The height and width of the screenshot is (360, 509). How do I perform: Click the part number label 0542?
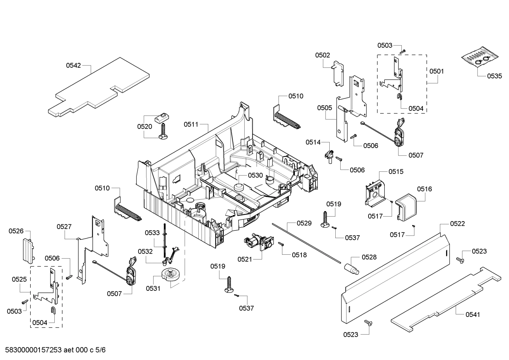pyautogui.click(x=73, y=65)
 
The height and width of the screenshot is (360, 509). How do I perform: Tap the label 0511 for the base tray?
pyautogui.click(x=191, y=124)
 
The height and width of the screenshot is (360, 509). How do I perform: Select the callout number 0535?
pyautogui.click(x=494, y=76)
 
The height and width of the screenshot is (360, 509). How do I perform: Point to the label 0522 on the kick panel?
pyautogui.click(x=457, y=224)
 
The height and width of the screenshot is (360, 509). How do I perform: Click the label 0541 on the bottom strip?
pyautogui.click(x=473, y=314)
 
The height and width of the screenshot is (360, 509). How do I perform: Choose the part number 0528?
pyautogui.click(x=369, y=257)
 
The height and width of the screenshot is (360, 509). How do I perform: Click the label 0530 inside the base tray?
pyautogui.click(x=255, y=175)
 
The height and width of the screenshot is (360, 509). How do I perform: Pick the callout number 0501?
pyautogui.click(x=437, y=71)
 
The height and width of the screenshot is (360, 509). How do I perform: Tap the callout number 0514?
pyautogui.click(x=313, y=142)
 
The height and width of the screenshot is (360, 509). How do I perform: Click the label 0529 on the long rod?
pyautogui.click(x=304, y=223)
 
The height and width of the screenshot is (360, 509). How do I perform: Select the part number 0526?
pyautogui.click(x=16, y=231)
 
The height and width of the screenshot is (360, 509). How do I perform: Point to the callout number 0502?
pyautogui.click(x=323, y=55)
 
